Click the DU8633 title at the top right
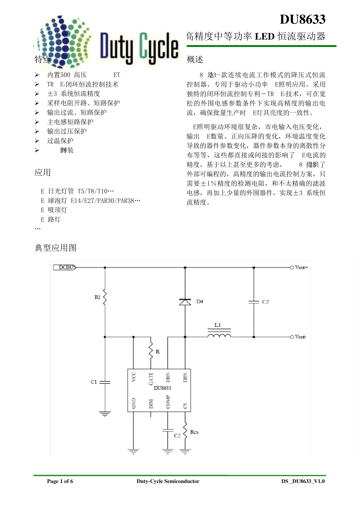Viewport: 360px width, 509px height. pos(302,19)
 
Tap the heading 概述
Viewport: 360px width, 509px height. pos(195,59)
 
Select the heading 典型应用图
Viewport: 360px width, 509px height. pos(56,248)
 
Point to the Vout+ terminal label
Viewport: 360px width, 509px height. pos(301,267)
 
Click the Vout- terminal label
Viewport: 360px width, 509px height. pos(301,337)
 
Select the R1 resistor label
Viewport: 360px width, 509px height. pos(97,297)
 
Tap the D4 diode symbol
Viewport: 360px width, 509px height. pos(185,302)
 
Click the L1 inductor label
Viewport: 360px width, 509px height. pos(218,325)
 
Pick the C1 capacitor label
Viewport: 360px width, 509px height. pos(94,382)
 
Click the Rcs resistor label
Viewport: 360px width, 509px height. pos(194,432)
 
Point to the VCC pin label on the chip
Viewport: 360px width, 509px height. pos(133,377)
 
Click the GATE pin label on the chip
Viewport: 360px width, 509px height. pos(151,378)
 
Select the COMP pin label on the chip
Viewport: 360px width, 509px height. pos(168,402)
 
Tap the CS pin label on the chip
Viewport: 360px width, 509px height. pos(185,405)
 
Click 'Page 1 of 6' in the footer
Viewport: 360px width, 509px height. pos(60,481)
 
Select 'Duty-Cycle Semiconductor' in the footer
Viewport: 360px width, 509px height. pos(168,481)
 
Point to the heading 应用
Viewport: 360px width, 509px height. pos(42,173)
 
